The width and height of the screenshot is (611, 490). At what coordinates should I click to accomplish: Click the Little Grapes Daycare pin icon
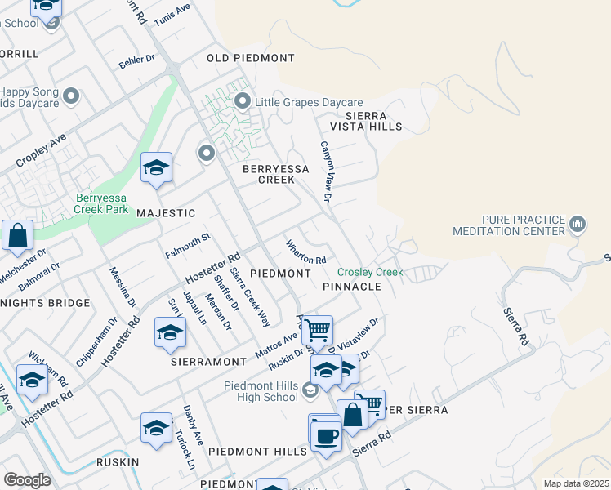(242, 102)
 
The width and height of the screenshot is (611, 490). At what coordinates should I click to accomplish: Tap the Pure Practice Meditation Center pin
(578, 223)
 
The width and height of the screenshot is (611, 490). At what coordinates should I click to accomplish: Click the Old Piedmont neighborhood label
(250, 58)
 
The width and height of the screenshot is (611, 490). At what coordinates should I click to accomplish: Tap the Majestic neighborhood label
(166, 213)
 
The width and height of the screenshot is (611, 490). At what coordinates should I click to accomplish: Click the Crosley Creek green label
(370, 272)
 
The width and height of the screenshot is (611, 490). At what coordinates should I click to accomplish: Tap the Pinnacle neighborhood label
(352, 287)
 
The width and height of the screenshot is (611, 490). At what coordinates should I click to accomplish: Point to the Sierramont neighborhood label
(208, 361)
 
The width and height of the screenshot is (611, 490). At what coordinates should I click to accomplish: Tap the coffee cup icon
(326, 435)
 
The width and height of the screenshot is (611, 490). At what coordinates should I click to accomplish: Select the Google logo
(27, 479)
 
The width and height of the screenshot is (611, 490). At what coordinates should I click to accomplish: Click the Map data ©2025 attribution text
(575, 483)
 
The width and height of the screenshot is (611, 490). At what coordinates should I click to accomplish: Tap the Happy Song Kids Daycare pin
(71, 97)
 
